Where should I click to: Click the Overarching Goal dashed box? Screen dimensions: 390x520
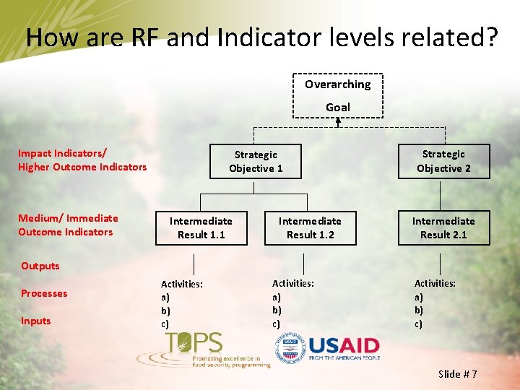click(337, 95)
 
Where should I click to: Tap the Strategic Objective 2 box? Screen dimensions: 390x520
click(443, 161)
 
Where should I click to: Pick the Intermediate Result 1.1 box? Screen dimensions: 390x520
click(201, 227)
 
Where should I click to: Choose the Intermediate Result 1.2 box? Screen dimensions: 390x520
click(310, 227)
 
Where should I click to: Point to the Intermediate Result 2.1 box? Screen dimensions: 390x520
click(443, 227)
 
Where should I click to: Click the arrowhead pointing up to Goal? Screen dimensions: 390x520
click(337, 122)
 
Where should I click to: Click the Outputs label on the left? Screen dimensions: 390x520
click(40, 266)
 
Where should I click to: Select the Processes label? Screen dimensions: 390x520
click(44, 293)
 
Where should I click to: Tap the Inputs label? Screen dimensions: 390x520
click(36, 321)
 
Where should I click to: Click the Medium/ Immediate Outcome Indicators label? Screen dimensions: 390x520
click(68, 225)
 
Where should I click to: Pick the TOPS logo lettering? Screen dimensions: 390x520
click(194, 342)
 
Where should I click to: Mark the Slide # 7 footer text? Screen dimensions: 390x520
click(458, 373)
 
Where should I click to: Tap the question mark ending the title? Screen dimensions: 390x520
click(490, 38)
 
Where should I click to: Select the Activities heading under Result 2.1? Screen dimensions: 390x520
click(435, 284)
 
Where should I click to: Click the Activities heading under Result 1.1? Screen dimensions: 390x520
click(182, 285)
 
